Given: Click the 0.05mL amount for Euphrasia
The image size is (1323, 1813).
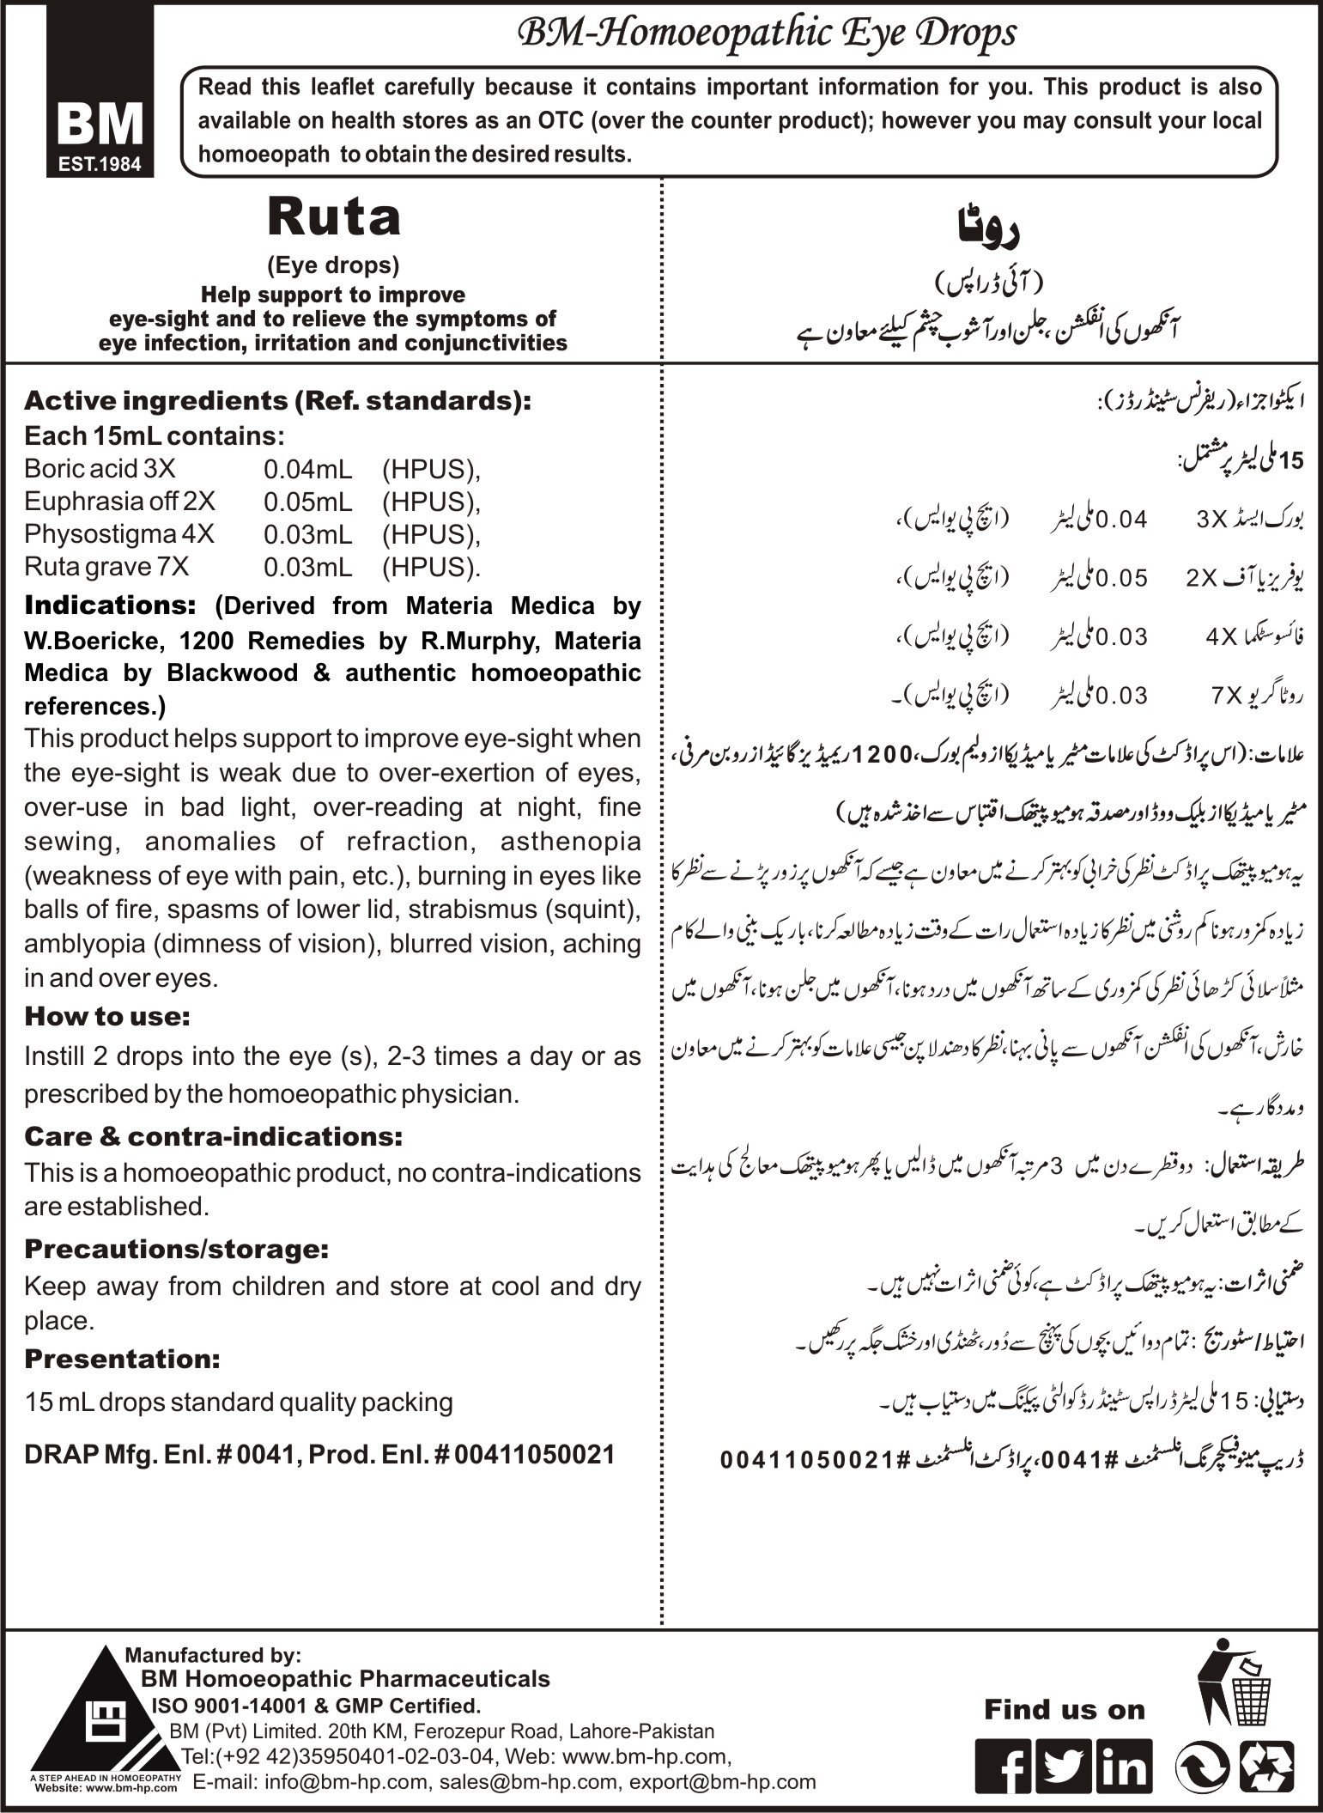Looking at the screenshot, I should point(306,502).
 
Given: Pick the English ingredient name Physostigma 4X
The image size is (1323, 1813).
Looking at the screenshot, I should point(119,534).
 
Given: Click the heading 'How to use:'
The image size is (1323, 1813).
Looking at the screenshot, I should point(107,1016).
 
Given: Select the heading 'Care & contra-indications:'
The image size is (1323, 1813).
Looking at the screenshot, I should point(213,1136).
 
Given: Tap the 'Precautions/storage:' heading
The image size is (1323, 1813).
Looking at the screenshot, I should point(177,1248).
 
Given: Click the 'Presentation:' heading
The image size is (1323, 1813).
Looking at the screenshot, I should point(123,1359).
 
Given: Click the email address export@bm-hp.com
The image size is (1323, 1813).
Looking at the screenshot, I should point(722,1782).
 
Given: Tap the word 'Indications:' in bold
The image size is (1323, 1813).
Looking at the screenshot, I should point(111,605).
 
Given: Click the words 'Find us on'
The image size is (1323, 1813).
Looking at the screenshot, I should point(1065,1710).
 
